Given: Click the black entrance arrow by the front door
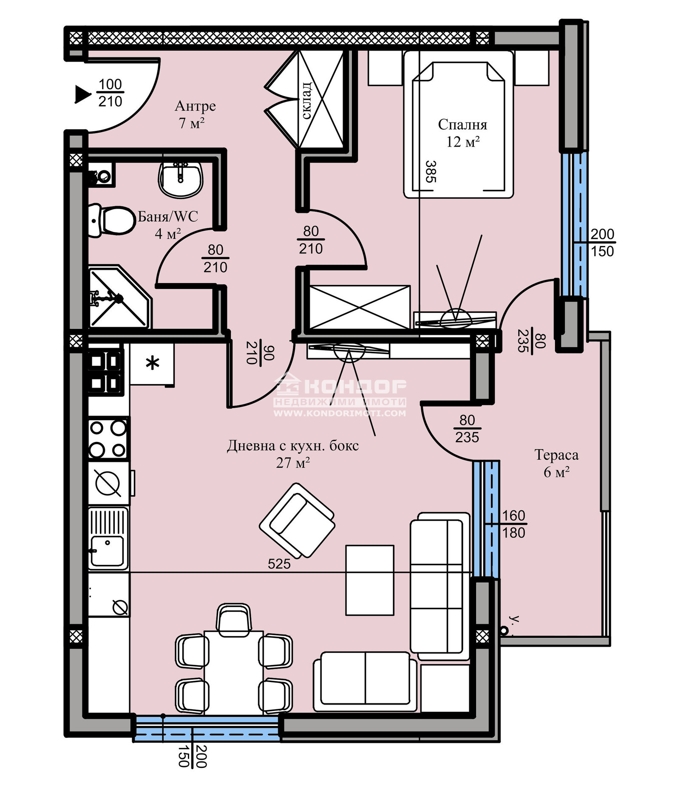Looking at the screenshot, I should tap(82, 94).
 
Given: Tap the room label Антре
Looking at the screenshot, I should tap(195, 106).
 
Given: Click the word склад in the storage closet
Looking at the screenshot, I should tap(306, 100).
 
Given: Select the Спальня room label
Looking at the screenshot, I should tap(462, 125).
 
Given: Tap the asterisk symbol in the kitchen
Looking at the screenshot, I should tap(152, 363).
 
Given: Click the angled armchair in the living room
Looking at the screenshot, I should tap(297, 521).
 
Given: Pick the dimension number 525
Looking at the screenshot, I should tap(279, 564).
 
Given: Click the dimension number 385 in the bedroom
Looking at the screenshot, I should tap(431, 171).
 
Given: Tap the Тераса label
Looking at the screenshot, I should tap(556, 455).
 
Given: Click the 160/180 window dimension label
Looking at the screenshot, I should tap(513, 524).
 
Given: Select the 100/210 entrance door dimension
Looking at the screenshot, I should tap(110, 93).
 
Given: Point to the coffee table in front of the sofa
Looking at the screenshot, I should tap(369, 580).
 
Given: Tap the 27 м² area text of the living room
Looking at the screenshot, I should tap(293, 463).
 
